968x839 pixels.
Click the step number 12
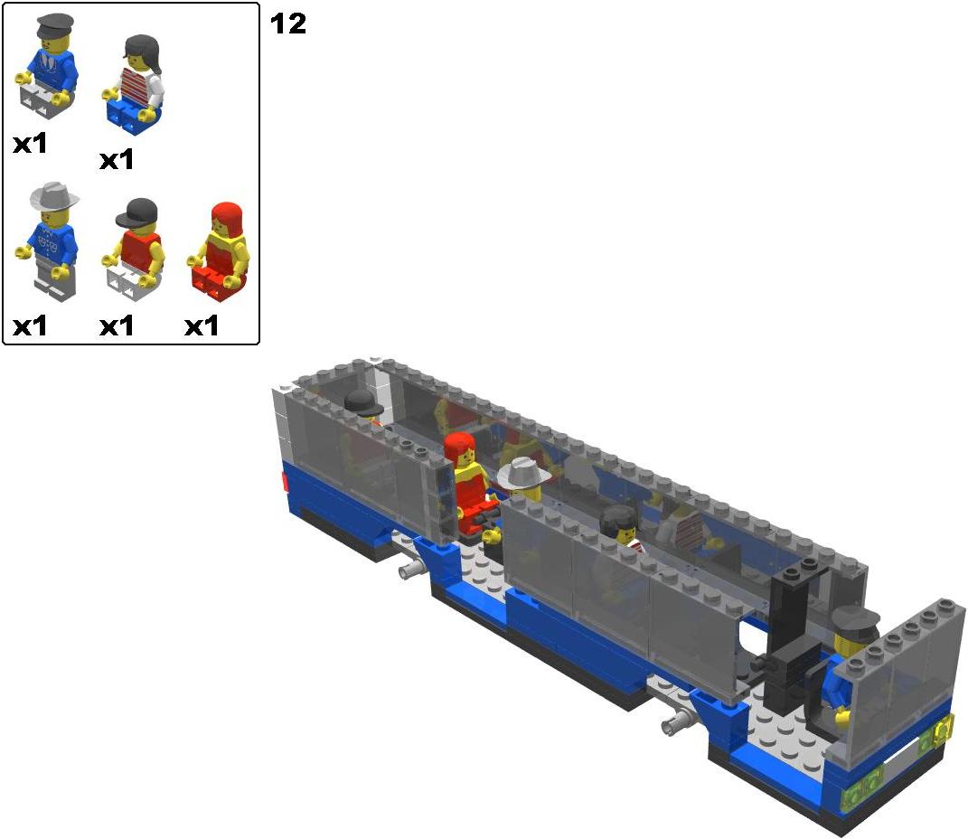287,24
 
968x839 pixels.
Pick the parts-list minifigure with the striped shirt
133,84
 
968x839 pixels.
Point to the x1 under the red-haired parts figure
202,325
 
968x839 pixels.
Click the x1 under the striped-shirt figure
117,159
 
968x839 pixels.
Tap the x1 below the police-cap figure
30,143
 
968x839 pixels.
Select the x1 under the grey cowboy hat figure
30,325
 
